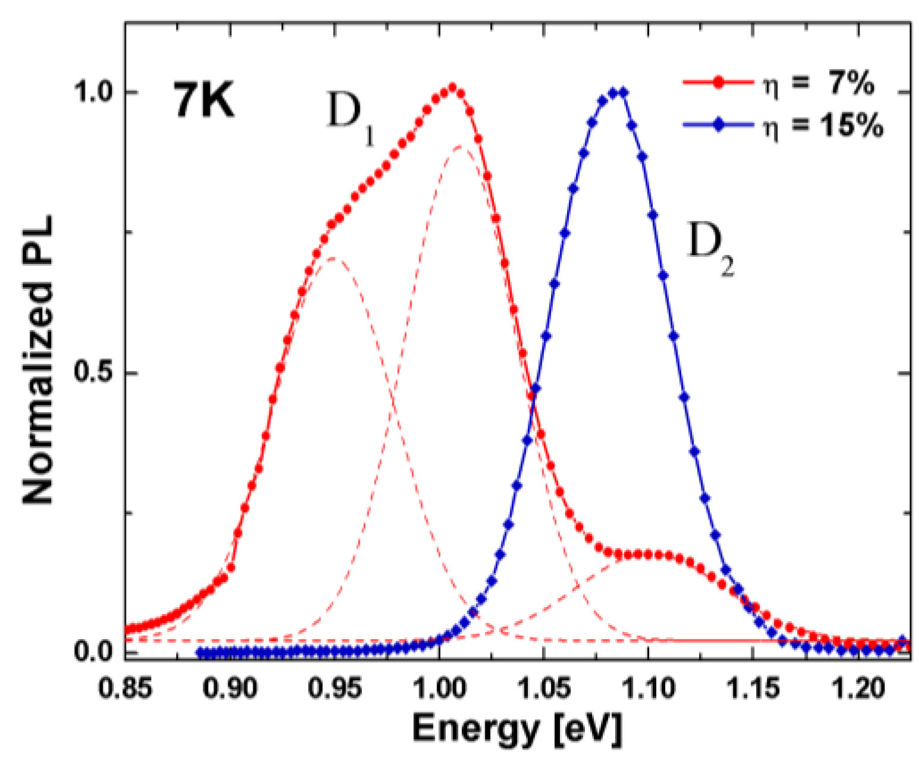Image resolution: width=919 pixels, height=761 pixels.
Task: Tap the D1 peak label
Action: pos(351,118)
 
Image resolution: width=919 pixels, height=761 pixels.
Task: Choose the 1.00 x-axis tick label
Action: pos(439,689)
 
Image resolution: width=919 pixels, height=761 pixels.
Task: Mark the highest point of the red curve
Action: pos(452,88)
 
